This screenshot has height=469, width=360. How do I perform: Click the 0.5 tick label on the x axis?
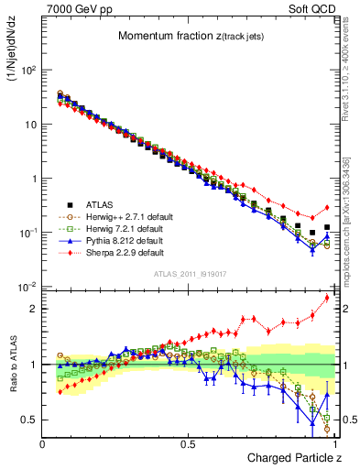coord(188,443)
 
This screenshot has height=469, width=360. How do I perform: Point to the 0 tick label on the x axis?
coord(43,443)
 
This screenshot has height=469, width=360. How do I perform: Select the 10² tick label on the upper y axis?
coord(27,71)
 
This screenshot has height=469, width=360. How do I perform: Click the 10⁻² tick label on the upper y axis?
coord(27,287)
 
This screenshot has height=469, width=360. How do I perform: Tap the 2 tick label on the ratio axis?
coord(34,309)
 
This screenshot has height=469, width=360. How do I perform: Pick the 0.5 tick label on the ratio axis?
coord(30,420)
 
